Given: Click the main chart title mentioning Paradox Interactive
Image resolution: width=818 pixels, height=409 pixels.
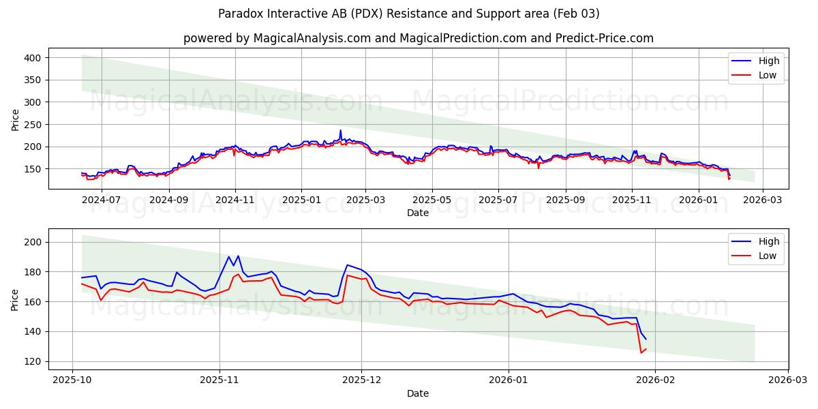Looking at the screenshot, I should pos(409,14).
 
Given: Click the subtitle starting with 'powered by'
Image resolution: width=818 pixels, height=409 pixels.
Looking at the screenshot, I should pos(418,38).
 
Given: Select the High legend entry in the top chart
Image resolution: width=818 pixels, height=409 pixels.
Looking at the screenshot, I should pos(756,61).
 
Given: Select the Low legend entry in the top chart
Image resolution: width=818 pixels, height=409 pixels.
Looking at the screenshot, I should pos(756,75).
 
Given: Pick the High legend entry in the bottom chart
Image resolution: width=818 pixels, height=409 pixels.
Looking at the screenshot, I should pos(756,241).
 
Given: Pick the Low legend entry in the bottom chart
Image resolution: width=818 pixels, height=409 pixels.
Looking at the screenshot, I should pos(756,256).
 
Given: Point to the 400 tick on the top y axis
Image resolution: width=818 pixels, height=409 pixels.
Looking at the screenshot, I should pos(33,58).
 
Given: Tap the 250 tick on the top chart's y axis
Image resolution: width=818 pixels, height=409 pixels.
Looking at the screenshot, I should pos(33,124).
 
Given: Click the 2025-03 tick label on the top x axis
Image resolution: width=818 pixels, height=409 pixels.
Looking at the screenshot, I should pos(365,200).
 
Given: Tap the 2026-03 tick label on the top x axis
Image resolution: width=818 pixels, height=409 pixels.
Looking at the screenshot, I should pos(762,200).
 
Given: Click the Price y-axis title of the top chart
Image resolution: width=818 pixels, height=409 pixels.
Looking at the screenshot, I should pos(16,119).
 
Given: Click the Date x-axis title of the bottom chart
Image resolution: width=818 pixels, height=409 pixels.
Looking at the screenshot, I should pos(418,393).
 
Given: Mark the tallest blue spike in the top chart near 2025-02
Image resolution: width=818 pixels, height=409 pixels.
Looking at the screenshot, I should pos(340,130).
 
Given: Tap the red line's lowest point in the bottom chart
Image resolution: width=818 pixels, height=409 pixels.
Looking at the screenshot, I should pos(641,352).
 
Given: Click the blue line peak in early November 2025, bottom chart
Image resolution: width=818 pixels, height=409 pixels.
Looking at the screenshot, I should pos(238,256).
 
